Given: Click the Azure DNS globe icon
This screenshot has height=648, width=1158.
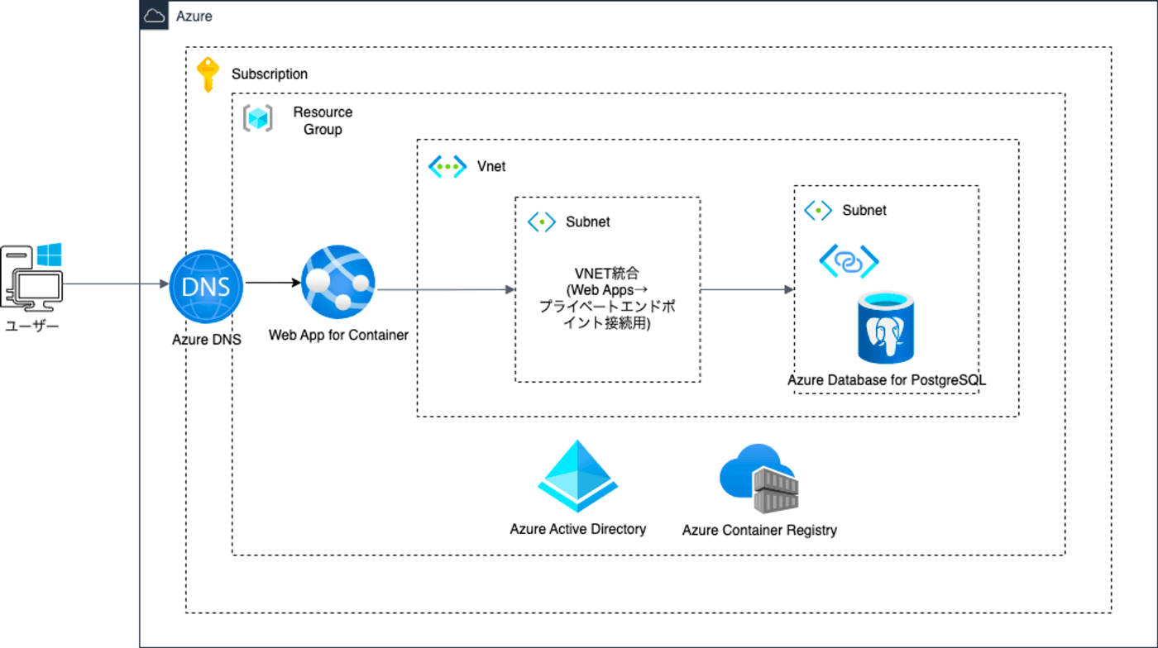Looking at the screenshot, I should [x=206, y=286].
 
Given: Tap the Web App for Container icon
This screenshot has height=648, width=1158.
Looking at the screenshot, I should [x=338, y=282].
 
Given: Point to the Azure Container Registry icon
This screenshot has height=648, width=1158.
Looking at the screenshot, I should [x=758, y=479].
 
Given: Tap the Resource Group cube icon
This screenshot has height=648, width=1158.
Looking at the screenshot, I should [x=257, y=118].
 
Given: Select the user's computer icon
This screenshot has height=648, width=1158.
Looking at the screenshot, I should [x=31, y=276].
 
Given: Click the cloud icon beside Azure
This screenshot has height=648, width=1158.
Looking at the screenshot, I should [x=155, y=16].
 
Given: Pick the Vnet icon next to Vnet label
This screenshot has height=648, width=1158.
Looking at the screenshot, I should [x=447, y=166].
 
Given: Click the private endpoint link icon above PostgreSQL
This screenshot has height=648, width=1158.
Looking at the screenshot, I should [x=849, y=261].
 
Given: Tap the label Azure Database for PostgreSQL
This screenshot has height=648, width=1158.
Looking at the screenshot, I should [x=887, y=381].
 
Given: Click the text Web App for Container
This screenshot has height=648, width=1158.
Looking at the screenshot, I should [x=338, y=336].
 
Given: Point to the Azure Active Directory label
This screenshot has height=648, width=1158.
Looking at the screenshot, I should [x=578, y=529].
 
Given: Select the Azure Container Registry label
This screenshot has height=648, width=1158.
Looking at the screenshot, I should [x=759, y=530].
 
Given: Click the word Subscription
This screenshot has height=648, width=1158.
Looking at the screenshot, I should [x=270, y=74].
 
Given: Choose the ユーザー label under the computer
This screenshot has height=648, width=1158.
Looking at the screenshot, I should [x=32, y=326].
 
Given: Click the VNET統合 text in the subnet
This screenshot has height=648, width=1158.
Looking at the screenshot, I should [x=607, y=274].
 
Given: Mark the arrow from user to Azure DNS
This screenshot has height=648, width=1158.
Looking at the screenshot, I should [x=116, y=284].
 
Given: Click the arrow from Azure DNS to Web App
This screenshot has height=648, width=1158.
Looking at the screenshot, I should [x=272, y=283].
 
